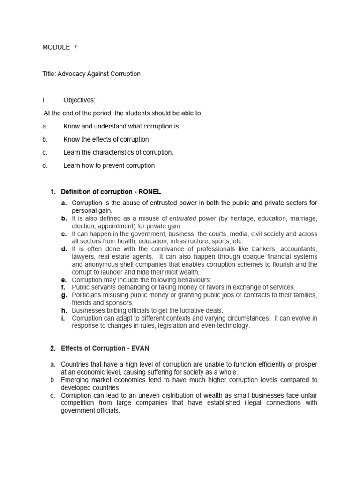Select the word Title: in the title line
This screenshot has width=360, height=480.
(x=49, y=74)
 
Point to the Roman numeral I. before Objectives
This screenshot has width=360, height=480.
(x=44, y=100)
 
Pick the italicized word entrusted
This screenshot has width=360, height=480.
(x=183, y=218)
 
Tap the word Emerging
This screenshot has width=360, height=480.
(x=75, y=380)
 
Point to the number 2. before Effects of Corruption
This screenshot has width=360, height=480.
(x=52, y=348)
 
